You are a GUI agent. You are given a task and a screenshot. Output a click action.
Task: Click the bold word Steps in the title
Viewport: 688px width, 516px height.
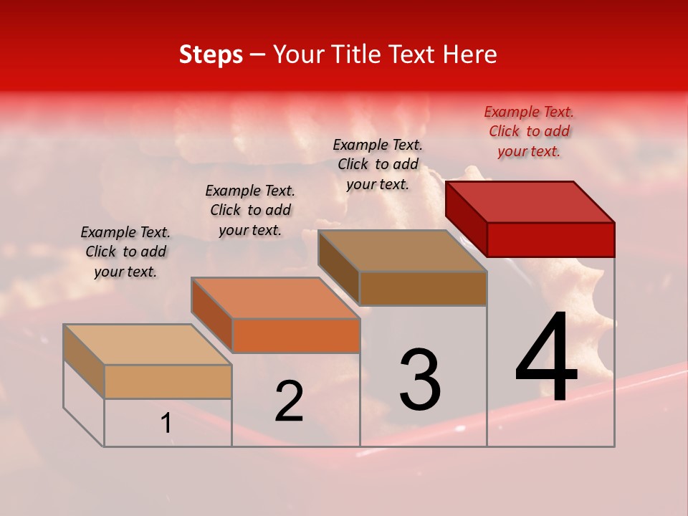coord(211,54)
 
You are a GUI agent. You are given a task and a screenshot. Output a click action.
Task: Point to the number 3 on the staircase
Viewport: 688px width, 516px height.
coord(419,379)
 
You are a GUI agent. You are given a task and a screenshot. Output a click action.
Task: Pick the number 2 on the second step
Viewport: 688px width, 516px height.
coord(289,401)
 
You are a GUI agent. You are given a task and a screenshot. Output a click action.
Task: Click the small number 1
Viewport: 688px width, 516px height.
coord(166,424)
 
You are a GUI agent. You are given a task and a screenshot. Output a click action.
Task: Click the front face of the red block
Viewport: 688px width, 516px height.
coord(550,239)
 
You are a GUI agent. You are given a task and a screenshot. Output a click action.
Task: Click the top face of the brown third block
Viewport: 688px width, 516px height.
coord(402,251)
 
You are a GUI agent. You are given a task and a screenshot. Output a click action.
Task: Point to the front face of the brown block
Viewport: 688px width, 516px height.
coord(423,288)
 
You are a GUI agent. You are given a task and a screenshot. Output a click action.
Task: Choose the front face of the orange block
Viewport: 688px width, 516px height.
coord(296,335)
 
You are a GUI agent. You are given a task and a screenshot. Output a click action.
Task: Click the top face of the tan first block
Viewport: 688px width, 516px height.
coord(147,345)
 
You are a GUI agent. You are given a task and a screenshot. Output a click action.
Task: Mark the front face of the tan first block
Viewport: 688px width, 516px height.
coord(168,381)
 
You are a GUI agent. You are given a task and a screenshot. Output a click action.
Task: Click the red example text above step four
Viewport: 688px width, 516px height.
coord(529,132)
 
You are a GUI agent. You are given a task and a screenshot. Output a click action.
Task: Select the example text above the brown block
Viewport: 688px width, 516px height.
coord(378,164)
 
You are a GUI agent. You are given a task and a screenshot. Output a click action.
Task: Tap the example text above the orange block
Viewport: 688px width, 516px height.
coord(250,210)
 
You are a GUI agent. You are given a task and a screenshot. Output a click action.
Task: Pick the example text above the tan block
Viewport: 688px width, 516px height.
coord(125,252)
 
